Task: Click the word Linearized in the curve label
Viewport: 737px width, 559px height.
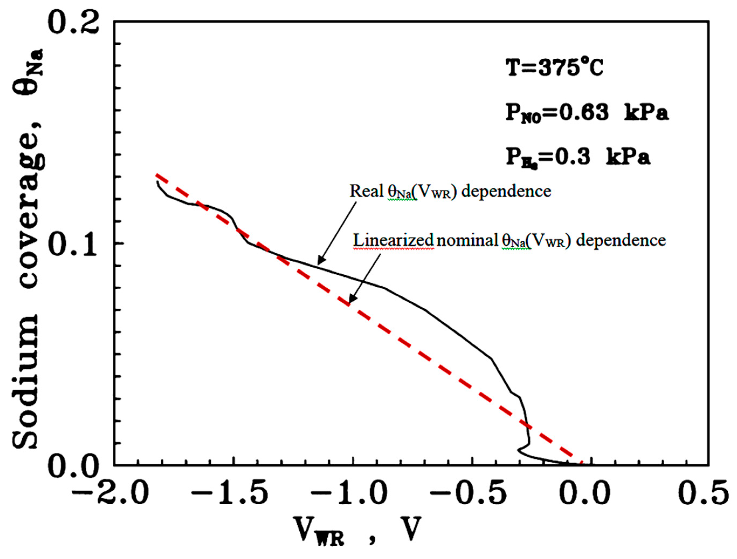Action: tap(393, 240)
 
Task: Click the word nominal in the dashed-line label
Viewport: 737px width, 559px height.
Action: tap(467, 240)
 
